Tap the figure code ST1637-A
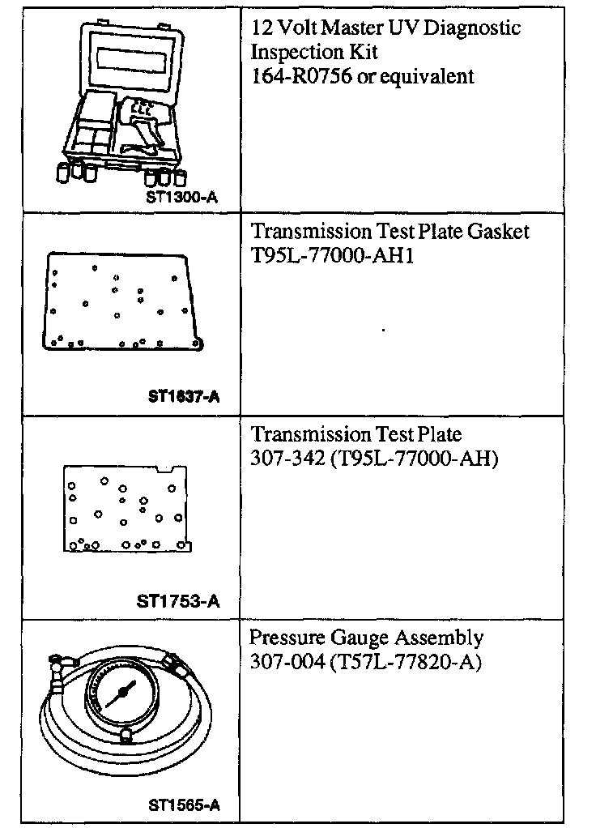click(184, 396)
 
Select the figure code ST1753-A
click(179, 600)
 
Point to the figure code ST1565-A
click(184, 805)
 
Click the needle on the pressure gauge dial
click(123, 693)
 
